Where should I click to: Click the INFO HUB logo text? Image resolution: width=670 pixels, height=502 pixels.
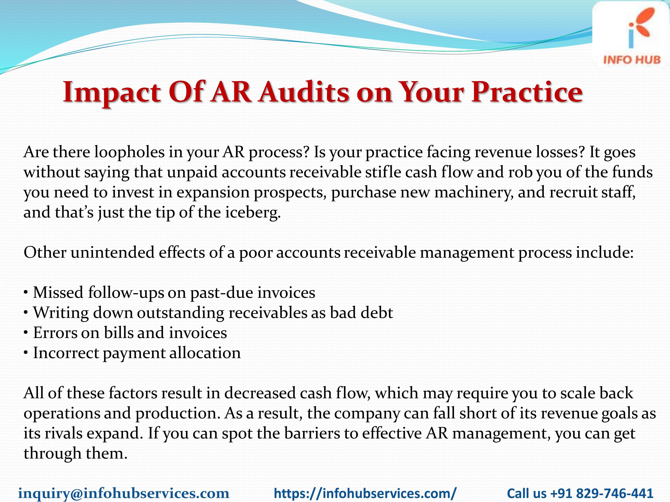point(632,59)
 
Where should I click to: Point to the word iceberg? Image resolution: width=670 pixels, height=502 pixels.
point(252,212)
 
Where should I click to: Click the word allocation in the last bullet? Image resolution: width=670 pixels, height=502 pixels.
point(205,353)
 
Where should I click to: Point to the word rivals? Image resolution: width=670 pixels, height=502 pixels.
point(64,433)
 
